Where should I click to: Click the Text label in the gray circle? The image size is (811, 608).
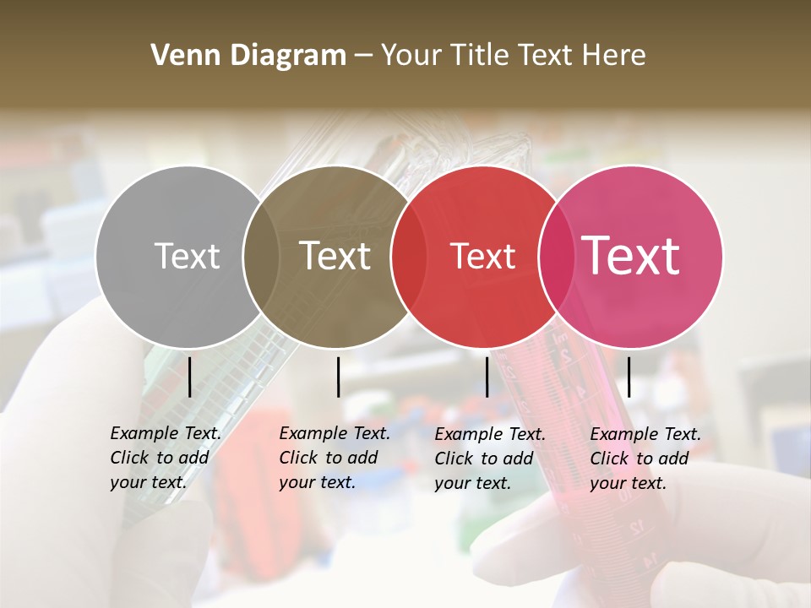187,256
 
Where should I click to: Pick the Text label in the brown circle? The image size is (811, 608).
335,256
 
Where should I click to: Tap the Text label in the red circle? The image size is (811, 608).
482,256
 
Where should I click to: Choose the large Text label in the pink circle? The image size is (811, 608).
631,256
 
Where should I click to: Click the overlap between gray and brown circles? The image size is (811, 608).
261,256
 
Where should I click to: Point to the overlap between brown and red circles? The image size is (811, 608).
409,256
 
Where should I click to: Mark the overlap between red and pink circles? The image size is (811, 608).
556,256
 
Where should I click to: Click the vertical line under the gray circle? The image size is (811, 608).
189,377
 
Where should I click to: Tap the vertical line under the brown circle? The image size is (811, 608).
338,377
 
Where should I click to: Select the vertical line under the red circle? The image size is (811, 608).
487,377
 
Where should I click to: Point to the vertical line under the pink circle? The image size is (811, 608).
629,377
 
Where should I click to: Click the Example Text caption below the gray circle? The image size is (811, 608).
166,458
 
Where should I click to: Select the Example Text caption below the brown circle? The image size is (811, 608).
335,458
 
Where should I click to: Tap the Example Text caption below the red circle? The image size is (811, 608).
490,459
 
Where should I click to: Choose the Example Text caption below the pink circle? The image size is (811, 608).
645,459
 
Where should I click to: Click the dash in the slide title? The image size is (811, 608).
363,57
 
